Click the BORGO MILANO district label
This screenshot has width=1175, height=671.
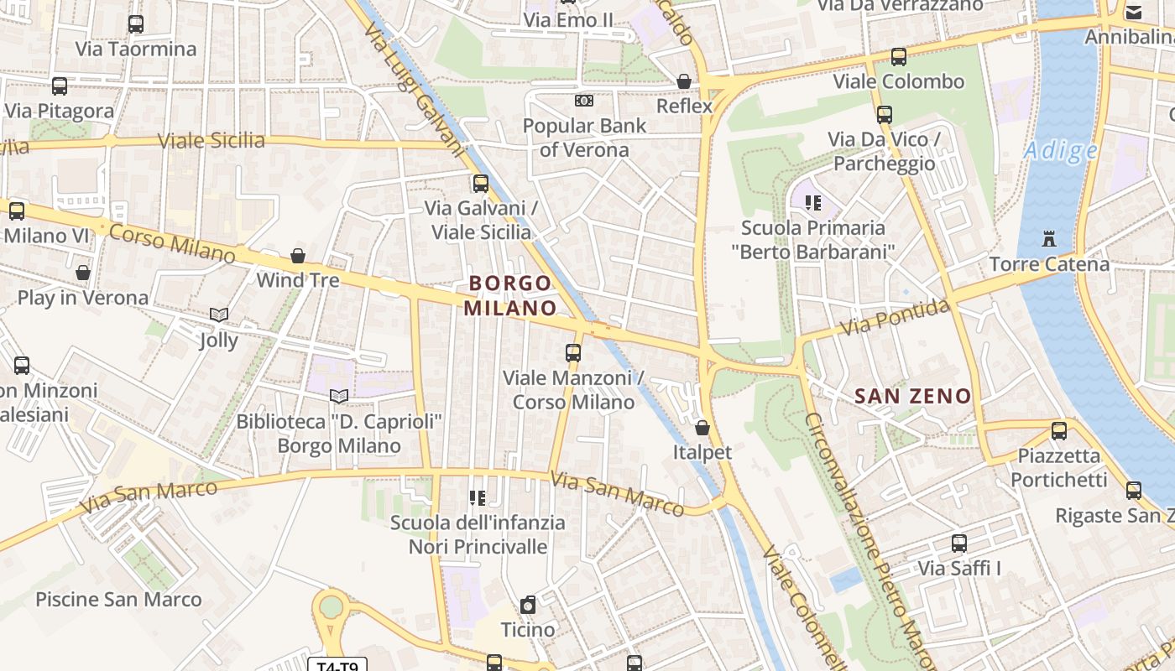pos(509,295)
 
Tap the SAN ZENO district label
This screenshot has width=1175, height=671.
pos(912,396)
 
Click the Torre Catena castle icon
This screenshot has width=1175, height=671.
pos(1048,239)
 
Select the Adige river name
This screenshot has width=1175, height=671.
pos(1061,151)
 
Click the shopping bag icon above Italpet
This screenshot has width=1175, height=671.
pos(702,429)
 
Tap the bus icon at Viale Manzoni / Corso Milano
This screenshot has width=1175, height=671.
pos(573,353)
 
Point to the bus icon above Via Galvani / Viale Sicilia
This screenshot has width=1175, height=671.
pos(481,184)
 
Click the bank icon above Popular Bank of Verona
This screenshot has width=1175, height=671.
pos(584,101)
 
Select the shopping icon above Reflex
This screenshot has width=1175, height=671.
pos(684,81)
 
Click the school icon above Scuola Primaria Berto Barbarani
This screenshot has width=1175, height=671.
pos(812,202)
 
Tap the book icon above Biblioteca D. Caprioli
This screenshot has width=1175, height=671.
pos(339,396)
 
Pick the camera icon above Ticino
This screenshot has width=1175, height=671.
pos(528,605)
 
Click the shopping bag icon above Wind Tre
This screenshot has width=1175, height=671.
pos(298,256)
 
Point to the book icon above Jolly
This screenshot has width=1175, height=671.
pos(219,315)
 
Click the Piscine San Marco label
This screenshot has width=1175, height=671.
pos(118,600)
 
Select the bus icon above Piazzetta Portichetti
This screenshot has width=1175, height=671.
pos(1059,431)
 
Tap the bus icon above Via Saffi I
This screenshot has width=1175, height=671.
pos(959,544)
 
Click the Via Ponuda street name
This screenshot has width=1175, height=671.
pos(895,318)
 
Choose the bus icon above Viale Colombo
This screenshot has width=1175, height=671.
pos(899,57)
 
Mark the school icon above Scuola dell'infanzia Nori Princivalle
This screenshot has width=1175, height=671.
pos(478,498)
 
